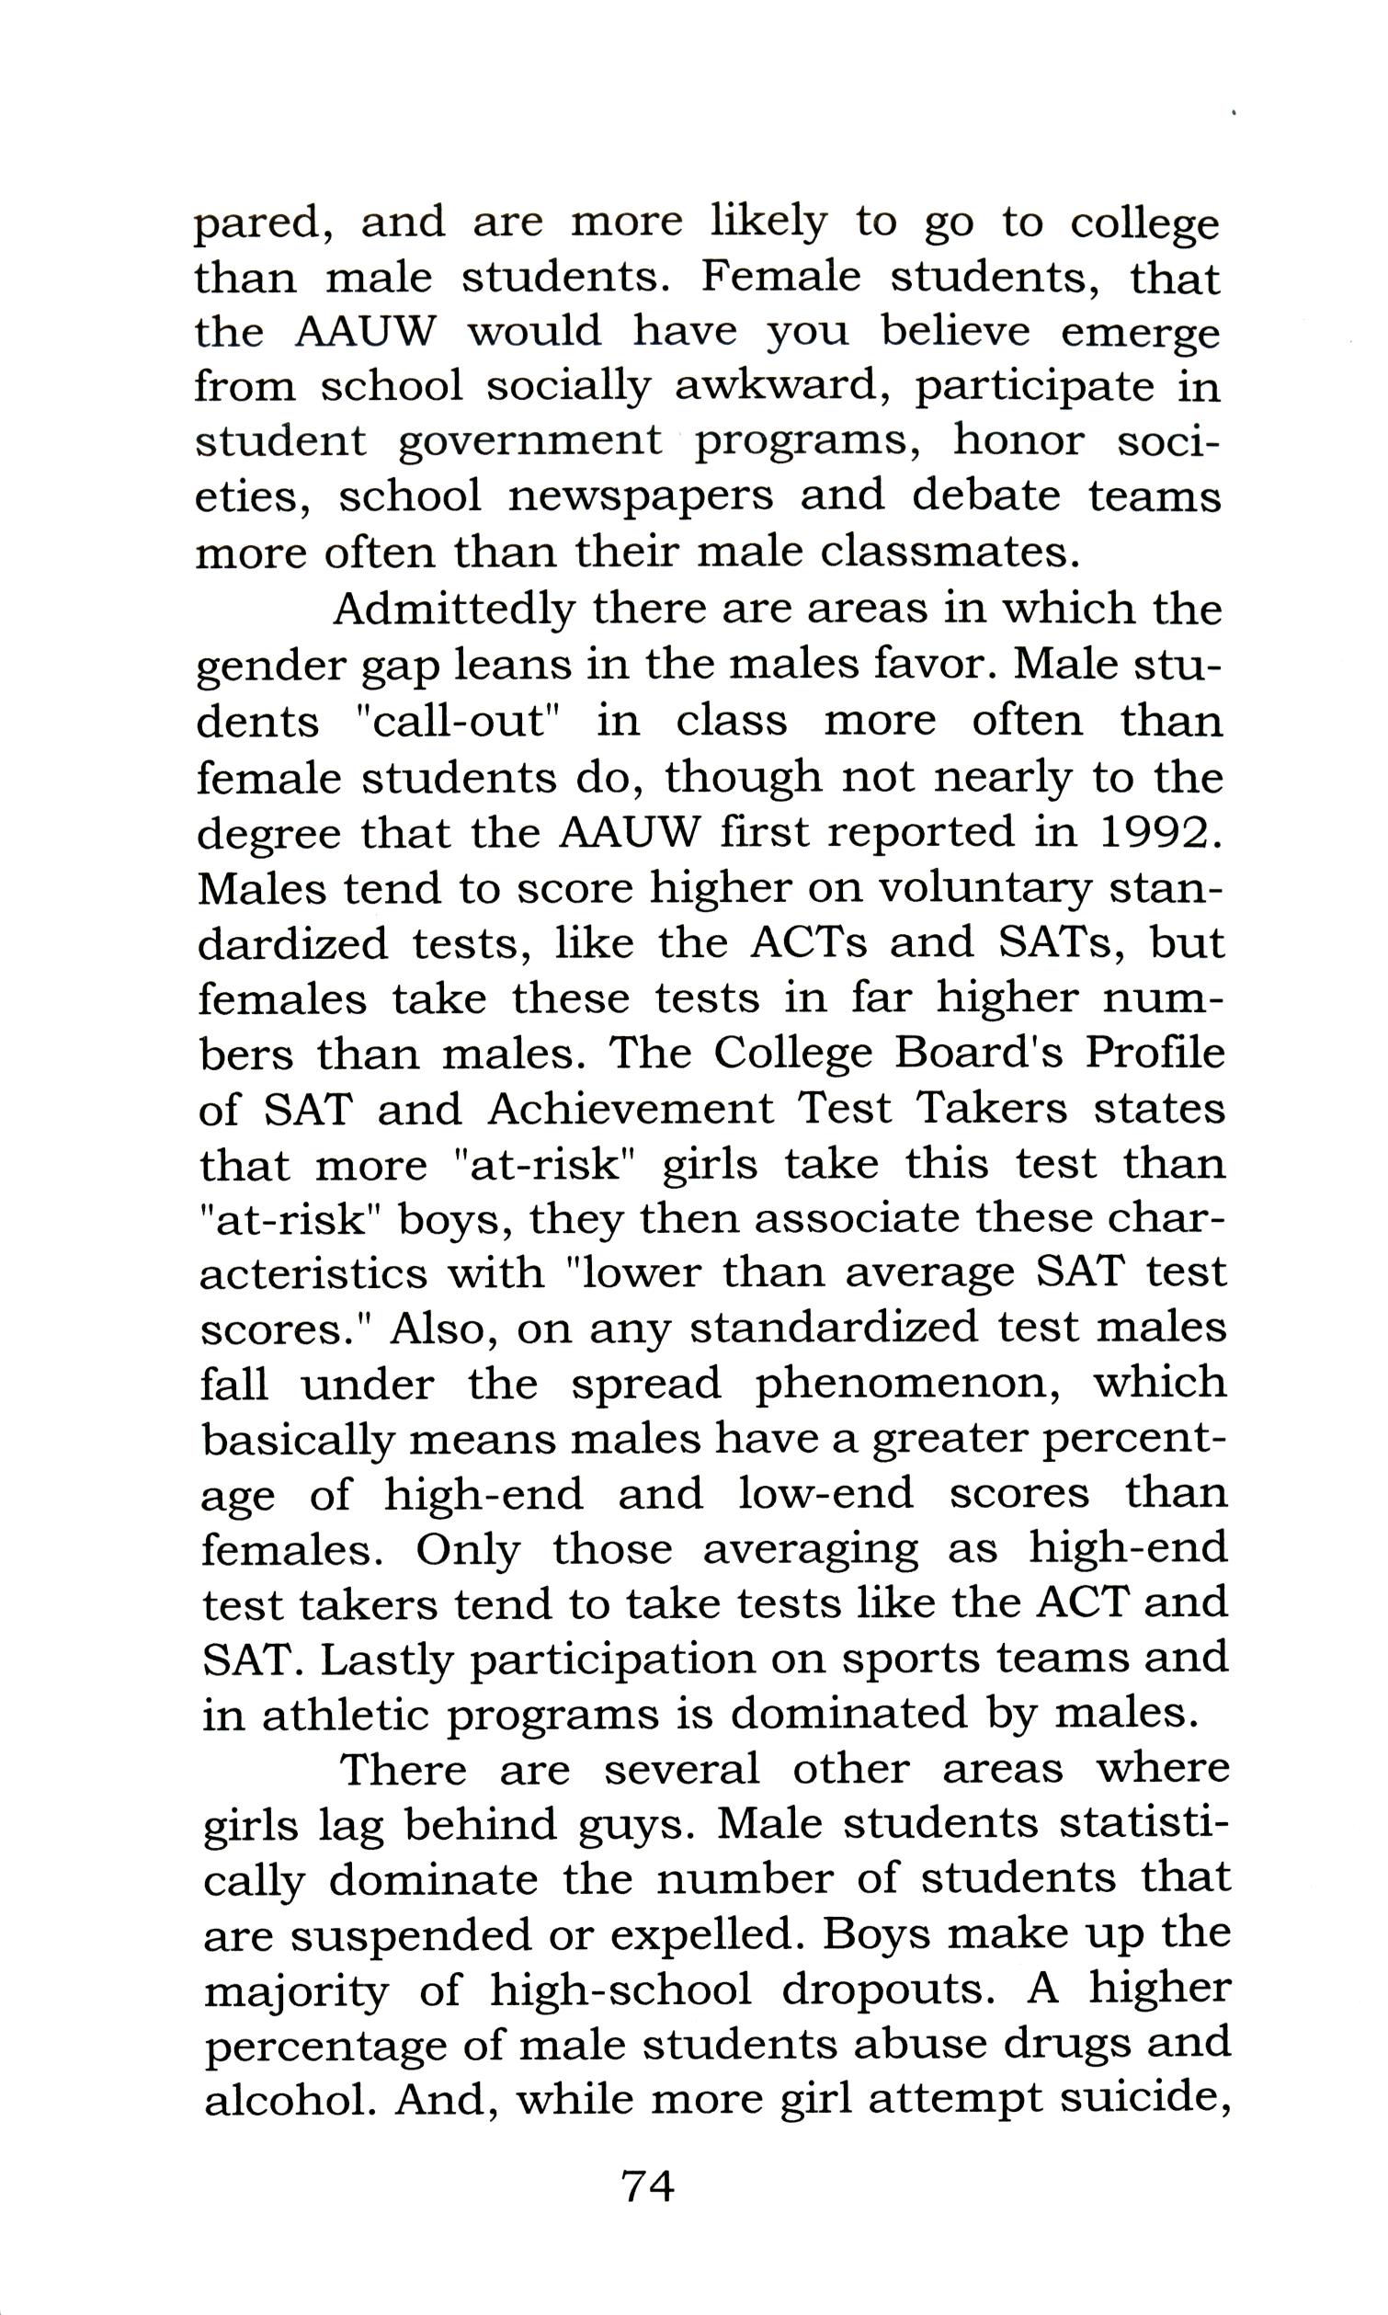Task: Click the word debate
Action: pyautogui.click(x=985, y=496)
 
